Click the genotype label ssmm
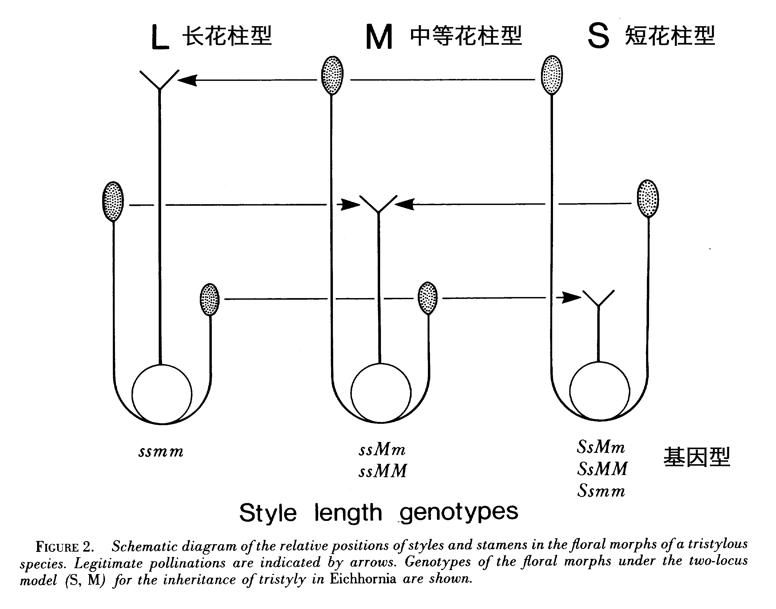[x=161, y=452]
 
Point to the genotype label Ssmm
[x=601, y=491]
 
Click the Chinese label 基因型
[x=697, y=457]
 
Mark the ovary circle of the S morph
[x=600, y=391]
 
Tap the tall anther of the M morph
[x=332, y=75]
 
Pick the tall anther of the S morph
[x=552, y=75]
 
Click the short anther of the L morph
[x=209, y=299]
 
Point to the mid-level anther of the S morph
[x=647, y=199]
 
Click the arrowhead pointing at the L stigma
[x=188, y=80]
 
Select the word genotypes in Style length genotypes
[x=458, y=513]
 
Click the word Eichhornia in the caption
[x=363, y=578]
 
